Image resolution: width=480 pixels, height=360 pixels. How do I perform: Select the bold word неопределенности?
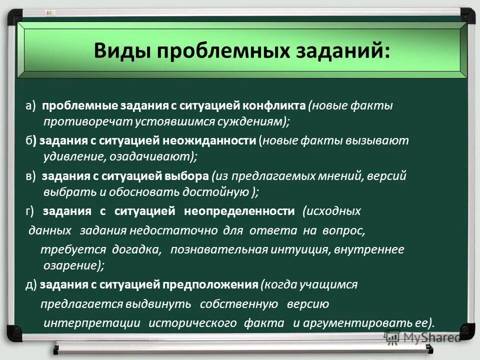(x=239, y=211)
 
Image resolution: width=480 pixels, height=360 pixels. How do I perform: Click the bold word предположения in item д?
(x=216, y=284)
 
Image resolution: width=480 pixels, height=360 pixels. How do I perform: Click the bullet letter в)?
(x=31, y=176)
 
